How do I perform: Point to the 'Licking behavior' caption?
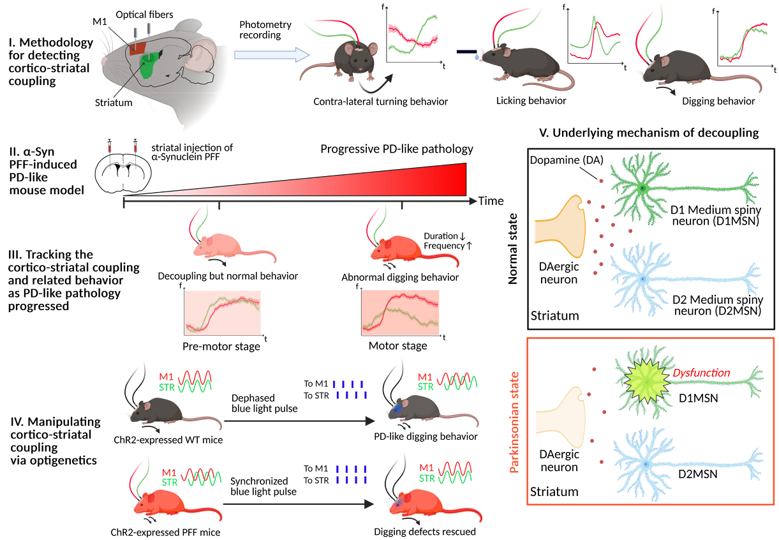531,101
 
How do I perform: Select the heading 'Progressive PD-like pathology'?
397,149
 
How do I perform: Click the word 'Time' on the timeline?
491,201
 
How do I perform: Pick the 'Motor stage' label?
397,346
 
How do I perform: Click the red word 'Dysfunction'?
701,373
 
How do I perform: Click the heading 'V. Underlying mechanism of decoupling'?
649,133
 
